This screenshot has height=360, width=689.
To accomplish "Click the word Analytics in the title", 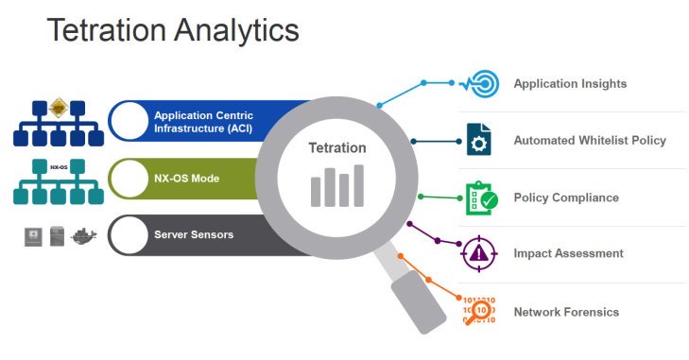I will pos(237,30).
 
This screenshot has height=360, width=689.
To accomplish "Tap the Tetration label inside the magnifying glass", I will pos(336,148).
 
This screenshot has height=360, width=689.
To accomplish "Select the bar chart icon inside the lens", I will pos(337,186).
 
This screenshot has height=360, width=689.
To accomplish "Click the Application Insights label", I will pos(570,84).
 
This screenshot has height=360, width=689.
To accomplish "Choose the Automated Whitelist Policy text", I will pos(590,141).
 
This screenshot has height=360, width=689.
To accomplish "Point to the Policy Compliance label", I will pos(566,197).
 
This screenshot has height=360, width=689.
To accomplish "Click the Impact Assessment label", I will pos(568,253).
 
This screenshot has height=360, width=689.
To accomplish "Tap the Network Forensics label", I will pos(566,312).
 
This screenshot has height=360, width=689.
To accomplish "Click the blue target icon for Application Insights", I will pos(479,83).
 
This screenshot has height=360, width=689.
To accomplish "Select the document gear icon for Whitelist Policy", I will pos(478,140).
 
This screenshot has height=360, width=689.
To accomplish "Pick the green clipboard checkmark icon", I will pos(479,197).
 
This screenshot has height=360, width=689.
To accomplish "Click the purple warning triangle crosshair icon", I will pos(479,253).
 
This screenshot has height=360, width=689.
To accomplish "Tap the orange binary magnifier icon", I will pos(478,311).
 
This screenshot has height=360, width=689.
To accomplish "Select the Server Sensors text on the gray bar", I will pos(194,233).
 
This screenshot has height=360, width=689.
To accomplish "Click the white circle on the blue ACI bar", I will pos(129,120).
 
